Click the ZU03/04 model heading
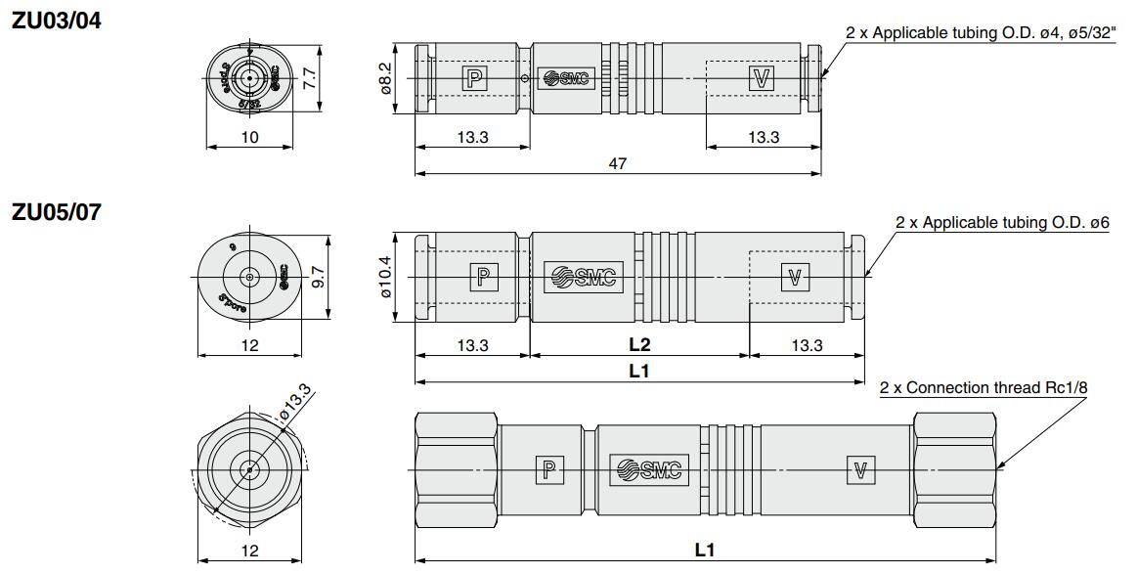coord(55,19)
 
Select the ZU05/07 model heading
coord(55,211)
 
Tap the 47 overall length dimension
coord(617,164)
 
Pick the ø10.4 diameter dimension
coord(385,277)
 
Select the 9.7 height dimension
coord(317,279)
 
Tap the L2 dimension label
coord(639,344)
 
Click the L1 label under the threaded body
coord(704,551)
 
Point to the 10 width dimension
coord(250,137)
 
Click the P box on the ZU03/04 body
coord(474,79)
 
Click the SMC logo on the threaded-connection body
coord(648,470)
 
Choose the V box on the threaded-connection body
coord(860,470)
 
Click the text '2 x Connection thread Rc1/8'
coord(983,388)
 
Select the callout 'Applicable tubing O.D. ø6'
coord(1002,223)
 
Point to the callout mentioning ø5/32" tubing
coord(978,32)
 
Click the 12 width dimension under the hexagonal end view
coord(250,551)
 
